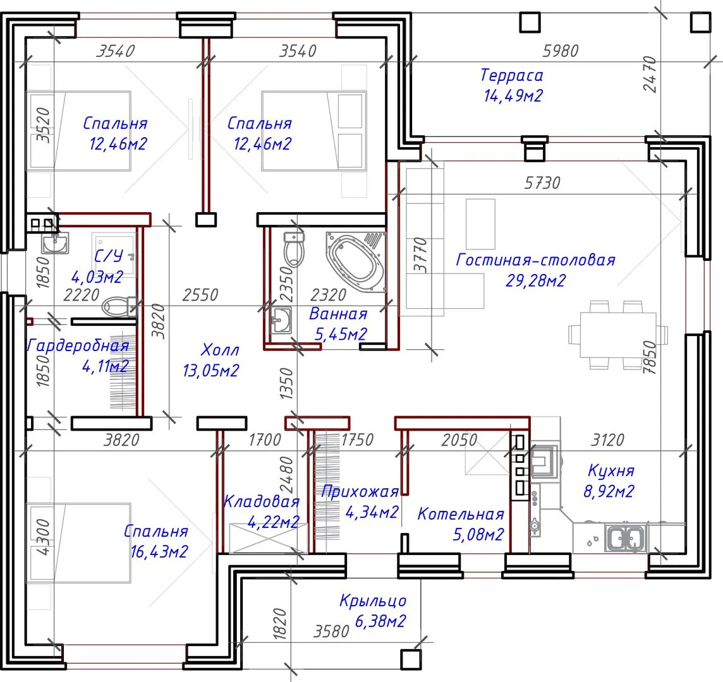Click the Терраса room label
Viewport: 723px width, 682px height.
coord(512,75)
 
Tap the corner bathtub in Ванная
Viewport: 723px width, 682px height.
coord(356,262)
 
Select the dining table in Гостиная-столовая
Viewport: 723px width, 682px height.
coord(618,334)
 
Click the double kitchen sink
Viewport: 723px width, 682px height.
coord(626,538)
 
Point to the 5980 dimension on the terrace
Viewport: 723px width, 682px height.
coord(560,51)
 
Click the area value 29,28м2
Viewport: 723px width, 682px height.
coord(535,280)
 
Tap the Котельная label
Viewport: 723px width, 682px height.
coord(461,514)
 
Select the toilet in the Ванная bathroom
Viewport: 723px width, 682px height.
coord(294,251)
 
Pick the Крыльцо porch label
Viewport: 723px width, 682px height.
coord(373,601)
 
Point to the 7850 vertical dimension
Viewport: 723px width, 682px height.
coord(649,357)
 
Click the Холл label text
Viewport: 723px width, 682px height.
coord(220,350)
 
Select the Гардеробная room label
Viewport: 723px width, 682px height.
coord(78,345)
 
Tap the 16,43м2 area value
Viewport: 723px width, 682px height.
coord(159,551)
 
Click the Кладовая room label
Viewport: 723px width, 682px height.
coord(261,501)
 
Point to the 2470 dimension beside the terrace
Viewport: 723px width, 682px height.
coord(650,74)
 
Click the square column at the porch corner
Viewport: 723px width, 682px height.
coord(411,659)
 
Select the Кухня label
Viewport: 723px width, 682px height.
coord(611,470)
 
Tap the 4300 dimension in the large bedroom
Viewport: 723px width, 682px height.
coord(43,537)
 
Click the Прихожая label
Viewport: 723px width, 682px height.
coord(360,492)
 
